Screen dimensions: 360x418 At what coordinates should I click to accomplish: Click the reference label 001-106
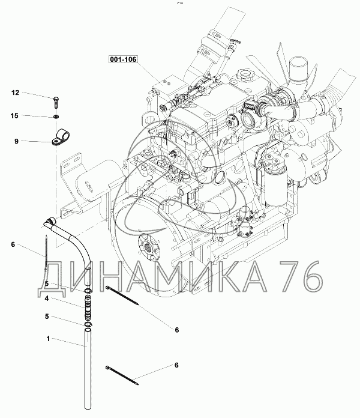pos(123,59)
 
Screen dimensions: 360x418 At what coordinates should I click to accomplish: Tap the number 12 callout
pos(16,92)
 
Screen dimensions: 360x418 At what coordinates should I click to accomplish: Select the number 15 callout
pos(14,115)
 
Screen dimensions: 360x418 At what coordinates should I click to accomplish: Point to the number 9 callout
pos(17,141)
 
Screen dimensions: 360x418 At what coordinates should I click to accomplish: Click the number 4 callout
pos(47,298)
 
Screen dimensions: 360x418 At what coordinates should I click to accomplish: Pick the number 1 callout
pos(48,339)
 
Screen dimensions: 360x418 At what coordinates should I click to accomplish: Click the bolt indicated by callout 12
pos(56,102)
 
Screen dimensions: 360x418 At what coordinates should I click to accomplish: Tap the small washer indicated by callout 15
pos(56,117)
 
